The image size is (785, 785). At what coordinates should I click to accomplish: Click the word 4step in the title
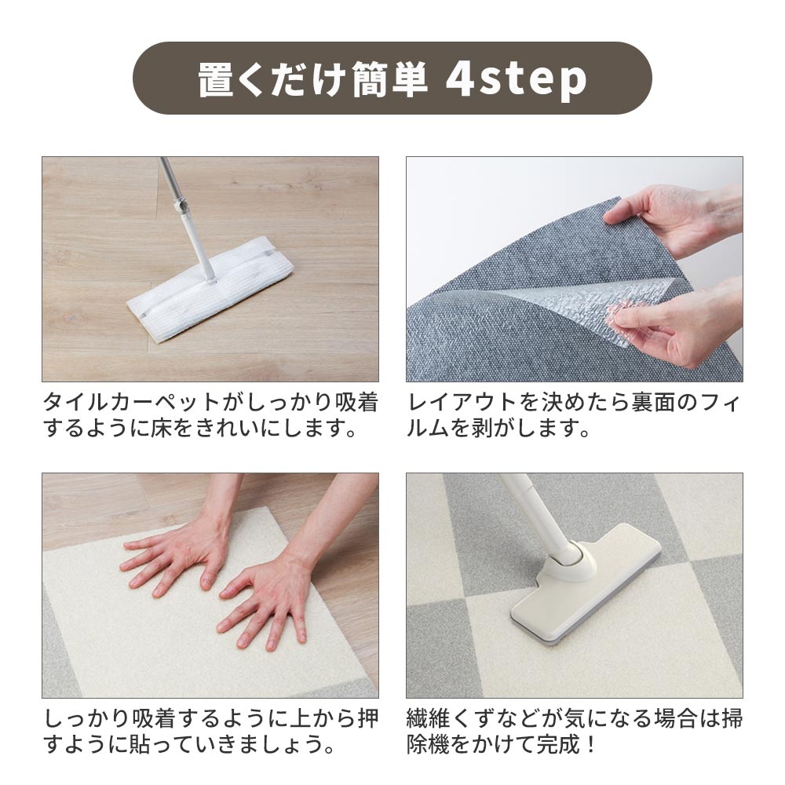[x=516, y=79]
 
